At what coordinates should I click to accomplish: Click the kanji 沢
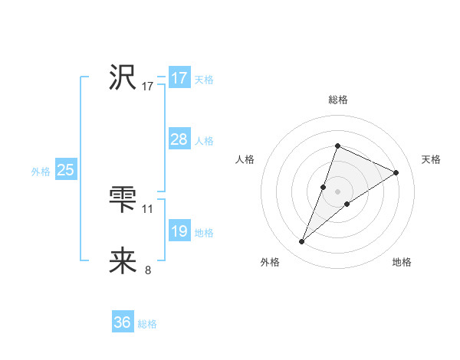pos(123,77)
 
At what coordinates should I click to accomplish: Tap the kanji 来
pos(123,261)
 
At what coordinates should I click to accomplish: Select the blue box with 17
pos(179,78)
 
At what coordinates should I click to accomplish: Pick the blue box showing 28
pos(179,139)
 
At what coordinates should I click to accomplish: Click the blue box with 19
pos(179,231)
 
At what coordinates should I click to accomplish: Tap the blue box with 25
pos(66,170)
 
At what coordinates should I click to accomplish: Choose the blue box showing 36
pos(123,322)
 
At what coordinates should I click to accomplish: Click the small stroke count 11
pos(148,208)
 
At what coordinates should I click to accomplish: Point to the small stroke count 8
pos(148,270)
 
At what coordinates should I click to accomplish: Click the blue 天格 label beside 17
pos(204,80)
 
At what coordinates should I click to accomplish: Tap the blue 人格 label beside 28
pos(204,141)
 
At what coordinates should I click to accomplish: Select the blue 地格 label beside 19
pos(204,233)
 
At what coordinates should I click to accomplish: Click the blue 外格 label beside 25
pos(41,172)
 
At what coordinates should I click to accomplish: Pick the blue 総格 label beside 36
pos(147,324)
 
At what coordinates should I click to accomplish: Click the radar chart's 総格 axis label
pos(337,100)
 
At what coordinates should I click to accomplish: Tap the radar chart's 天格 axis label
pos(432,159)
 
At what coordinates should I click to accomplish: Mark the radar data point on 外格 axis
pos(302,242)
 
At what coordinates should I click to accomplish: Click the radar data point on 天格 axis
pos(396,172)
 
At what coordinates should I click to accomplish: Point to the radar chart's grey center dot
pos(337,191)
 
